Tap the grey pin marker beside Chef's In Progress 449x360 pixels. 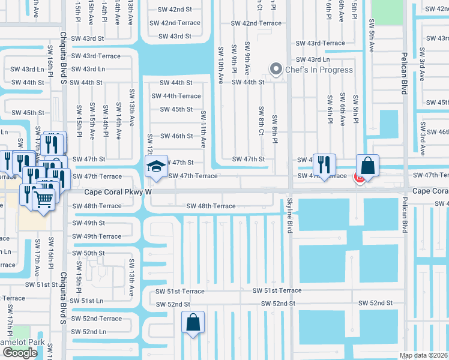tap(276, 70)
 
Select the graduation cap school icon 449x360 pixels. tap(156, 166)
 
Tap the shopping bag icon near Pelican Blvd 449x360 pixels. tap(367, 166)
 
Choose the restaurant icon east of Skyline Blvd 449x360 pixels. tap(324, 165)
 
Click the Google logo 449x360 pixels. tap(20, 352)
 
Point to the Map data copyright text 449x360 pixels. tap(424, 355)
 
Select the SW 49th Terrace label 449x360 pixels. tap(97, 236)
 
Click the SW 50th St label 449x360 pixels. tap(89, 253)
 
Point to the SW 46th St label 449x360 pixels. tap(176, 136)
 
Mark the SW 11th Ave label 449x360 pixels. tap(203, 130)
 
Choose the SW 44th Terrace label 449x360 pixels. tap(176, 96)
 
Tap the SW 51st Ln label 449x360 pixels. tap(86, 301)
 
